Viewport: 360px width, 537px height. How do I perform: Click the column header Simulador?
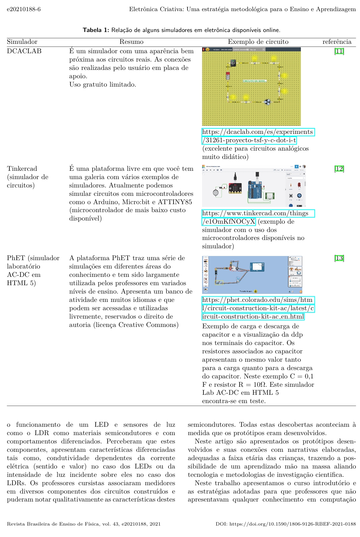[x=22, y=42]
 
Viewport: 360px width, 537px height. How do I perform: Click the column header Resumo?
[x=131, y=42]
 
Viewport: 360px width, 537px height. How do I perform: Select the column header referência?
[x=337, y=42]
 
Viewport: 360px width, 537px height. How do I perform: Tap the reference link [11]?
[x=339, y=51]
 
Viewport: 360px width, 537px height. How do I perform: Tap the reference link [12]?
[x=339, y=169]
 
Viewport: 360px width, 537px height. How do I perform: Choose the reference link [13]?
[x=339, y=258]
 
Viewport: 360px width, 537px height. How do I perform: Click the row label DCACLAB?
[x=24, y=51]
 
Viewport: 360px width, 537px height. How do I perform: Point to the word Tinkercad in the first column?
[x=22, y=169]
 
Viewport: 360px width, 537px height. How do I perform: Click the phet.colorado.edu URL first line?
[x=258, y=300]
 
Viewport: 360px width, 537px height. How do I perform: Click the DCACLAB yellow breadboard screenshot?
[x=251, y=87]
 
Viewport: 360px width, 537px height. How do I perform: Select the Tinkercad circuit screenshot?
[x=254, y=186]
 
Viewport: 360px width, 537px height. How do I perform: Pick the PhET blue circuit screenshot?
[x=252, y=275]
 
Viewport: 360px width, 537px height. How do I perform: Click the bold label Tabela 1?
[x=96, y=30]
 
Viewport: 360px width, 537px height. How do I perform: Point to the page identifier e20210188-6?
[x=24, y=9]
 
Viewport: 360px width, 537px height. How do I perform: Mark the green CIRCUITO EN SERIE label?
[x=255, y=81]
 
